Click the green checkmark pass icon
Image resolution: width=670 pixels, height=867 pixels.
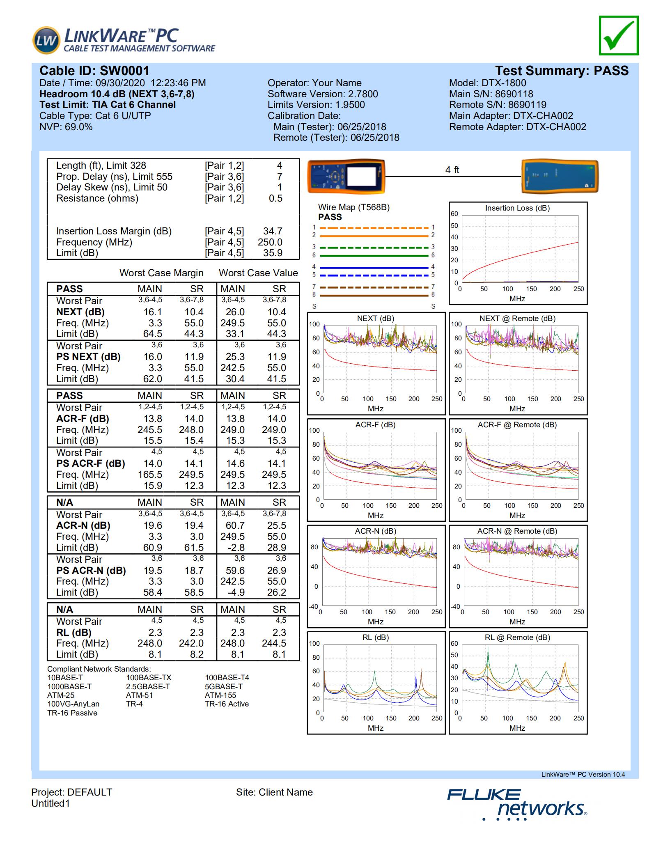click(618, 35)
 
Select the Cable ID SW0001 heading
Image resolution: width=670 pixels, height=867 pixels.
click(94, 71)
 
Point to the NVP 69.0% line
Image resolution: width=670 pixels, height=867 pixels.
click(66, 127)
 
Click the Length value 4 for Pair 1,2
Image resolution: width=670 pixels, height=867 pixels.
click(279, 165)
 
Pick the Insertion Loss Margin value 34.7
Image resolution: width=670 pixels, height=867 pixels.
click(273, 231)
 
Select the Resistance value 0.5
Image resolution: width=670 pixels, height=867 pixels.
click(275, 198)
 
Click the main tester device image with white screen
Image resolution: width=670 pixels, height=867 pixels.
click(346, 177)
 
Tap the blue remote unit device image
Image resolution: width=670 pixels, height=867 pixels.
click(560, 177)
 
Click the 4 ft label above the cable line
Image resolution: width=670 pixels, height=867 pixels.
click(452, 170)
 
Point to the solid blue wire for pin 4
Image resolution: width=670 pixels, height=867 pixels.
click(374, 267)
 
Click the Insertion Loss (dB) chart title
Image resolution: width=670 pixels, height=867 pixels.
click(517, 208)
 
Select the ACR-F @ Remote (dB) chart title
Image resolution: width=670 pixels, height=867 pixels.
click(517, 425)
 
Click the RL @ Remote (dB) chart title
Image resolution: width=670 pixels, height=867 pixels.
click(517, 638)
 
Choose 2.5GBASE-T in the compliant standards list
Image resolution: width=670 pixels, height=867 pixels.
click(148, 686)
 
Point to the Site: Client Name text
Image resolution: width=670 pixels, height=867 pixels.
click(274, 792)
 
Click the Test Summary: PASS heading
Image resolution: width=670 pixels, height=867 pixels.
click(561, 71)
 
